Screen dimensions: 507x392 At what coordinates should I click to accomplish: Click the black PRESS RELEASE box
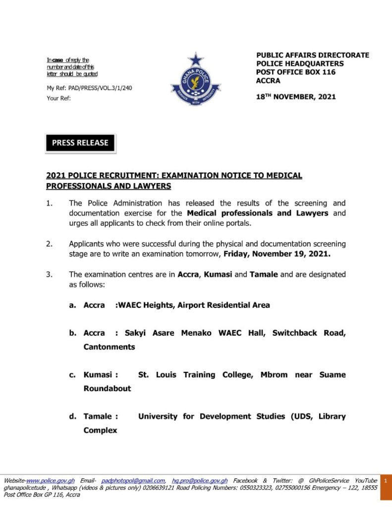pos(80,143)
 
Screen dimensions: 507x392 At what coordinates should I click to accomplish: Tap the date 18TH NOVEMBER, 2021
pos(296,97)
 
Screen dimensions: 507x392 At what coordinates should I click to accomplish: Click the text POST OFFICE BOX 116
pos(296,72)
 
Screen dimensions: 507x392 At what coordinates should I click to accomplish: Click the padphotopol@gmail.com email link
pos(133,481)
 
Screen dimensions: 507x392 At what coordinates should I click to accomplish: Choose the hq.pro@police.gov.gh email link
pos(200,481)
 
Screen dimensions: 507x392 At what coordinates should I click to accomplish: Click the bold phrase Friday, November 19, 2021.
pos(277,254)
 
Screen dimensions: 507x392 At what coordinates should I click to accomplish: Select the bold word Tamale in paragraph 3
pos(264,274)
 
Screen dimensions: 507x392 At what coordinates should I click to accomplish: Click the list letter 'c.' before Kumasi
pos(72,375)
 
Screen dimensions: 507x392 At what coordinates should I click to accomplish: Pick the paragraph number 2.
pos(49,244)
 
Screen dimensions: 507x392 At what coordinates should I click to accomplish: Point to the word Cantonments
pos(109,347)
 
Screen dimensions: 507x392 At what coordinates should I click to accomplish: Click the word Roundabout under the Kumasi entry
pos(107,389)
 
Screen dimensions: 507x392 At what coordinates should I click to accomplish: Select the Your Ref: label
pos(59,98)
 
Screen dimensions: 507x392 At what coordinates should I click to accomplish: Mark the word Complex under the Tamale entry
pos(100,430)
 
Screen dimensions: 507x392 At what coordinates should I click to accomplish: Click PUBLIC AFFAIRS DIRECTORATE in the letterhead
pos(313,55)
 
